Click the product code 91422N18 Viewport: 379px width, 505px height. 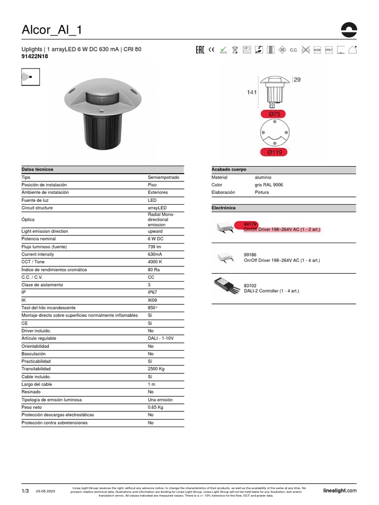pyautogui.click(x=35, y=57)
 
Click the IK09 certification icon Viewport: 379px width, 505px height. pyautogui.click(x=317, y=50)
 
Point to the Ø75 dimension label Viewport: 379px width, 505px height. pyautogui.click(x=274, y=114)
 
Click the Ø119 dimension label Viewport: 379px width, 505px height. pyautogui.click(x=274, y=152)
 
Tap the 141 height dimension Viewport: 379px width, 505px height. pyautogui.click(x=252, y=92)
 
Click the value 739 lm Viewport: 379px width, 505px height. pyautogui.click(x=155, y=247)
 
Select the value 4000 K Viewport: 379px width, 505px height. pyautogui.click(x=155, y=262)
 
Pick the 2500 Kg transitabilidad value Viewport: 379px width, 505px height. pyautogui.click(x=156, y=369)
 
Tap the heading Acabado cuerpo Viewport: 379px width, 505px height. pyautogui.click(x=228, y=169)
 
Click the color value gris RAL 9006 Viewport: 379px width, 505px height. pyautogui.click(x=269, y=184)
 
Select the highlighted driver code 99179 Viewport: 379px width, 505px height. pyautogui.click(x=251, y=224)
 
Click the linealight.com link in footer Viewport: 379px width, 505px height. pyautogui.click(x=340, y=490)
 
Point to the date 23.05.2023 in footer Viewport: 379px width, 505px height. pyautogui.click(x=45, y=491)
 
